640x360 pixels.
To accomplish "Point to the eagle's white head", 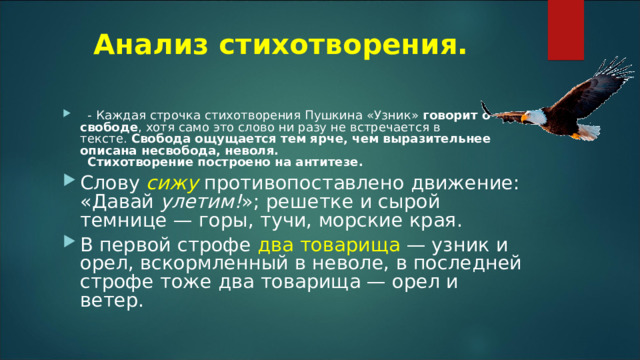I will pyautogui.click(x=538, y=117).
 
